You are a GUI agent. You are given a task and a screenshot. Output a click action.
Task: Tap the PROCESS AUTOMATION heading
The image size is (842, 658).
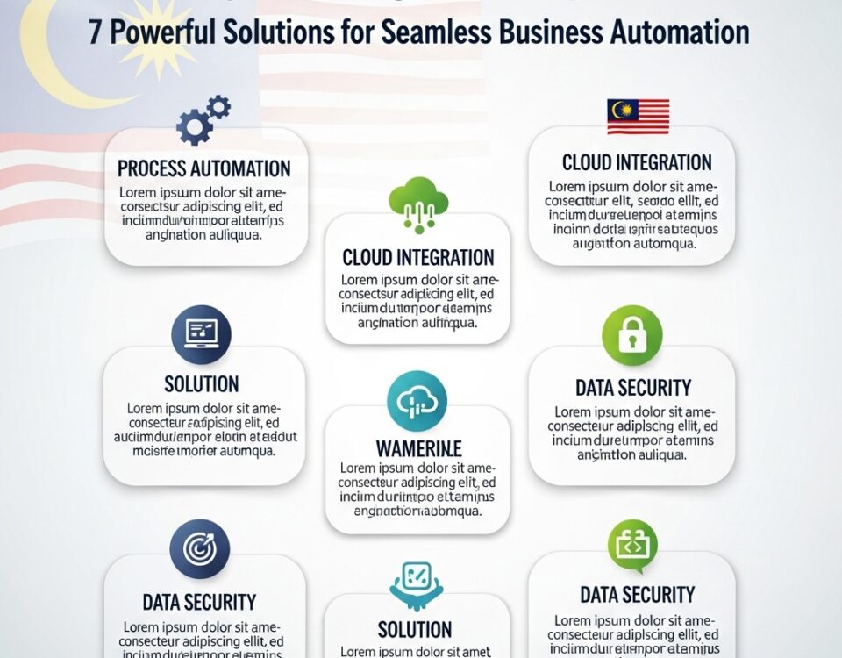pyautogui.click(x=203, y=168)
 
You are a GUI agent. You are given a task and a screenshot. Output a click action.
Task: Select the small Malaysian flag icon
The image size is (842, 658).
pyautogui.click(x=638, y=117)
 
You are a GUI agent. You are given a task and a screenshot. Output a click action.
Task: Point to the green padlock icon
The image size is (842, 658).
pyautogui.click(x=631, y=335)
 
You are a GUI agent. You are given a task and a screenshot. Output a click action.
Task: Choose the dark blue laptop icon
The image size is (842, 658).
pyautogui.click(x=201, y=334)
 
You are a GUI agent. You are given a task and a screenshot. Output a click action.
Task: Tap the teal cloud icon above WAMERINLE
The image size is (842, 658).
pyautogui.click(x=417, y=400)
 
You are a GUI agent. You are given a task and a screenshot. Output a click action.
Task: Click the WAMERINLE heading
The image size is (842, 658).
pyautogui.click(x=418, y=449)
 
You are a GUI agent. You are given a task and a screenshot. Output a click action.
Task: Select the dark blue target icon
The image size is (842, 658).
pyautogui.click(x=199, y=549)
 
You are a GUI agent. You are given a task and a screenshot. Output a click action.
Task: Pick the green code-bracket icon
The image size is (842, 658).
pyautogui.click(x=631, y=547)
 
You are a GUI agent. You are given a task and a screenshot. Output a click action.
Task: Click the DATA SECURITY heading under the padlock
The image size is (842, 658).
pyautogui.click(x=633, y=387)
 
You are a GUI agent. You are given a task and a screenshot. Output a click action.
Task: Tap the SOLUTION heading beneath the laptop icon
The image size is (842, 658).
pyautogui.click(x=201, y=383)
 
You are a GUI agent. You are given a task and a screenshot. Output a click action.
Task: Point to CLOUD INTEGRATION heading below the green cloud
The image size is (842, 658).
pyautogui.click(x=418, y=258)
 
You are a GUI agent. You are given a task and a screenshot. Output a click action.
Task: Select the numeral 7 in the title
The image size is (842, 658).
pyautogui.click(x=96, y=32)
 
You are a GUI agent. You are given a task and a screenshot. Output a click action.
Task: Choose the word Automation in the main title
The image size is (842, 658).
pyautogui.click(x=675, y=32)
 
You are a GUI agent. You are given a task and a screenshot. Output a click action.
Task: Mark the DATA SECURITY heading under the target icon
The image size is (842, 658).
pyautogui.click(x=199, y=603)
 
